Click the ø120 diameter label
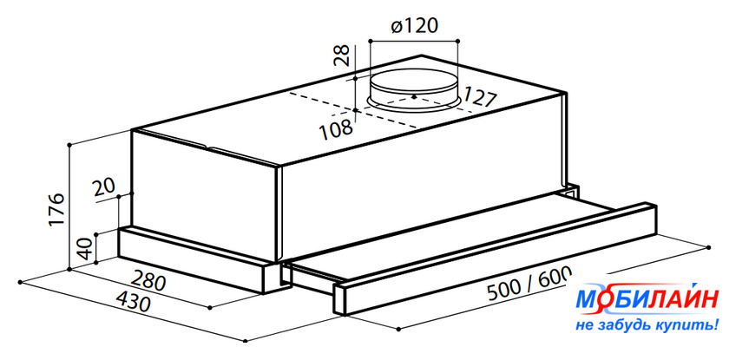[415, 26]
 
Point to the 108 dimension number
[336, 128]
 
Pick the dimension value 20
[104, 187]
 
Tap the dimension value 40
[86, 248]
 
